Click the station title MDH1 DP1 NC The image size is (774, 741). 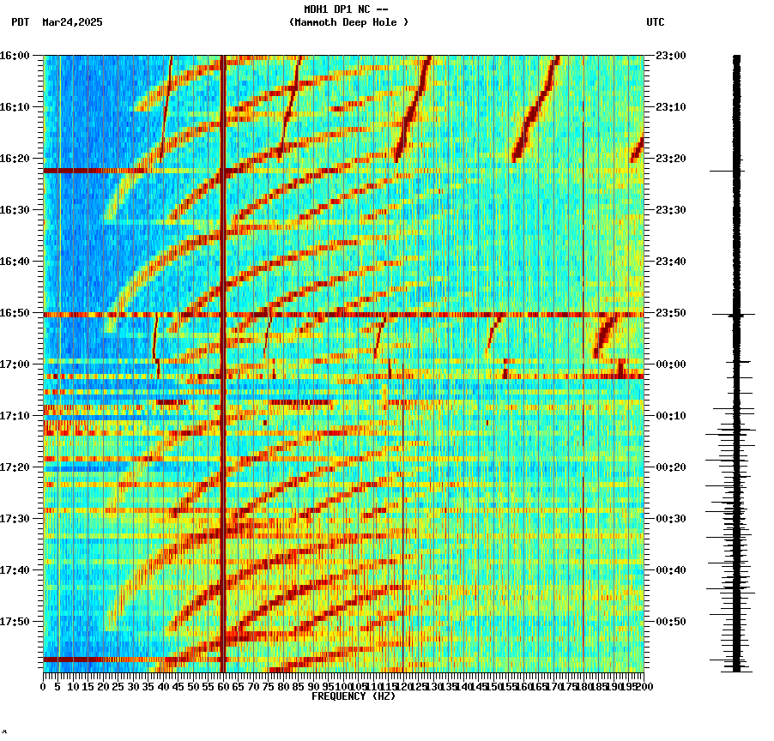click(x=347, y=9)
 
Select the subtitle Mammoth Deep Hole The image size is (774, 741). click(x=348, y=22)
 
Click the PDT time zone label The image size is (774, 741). click(x=20, y=22)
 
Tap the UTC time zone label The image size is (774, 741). click(x=655, y=22)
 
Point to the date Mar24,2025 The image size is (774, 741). click(x=72, y=22)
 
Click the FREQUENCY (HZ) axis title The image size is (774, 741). click(x=353, y=696)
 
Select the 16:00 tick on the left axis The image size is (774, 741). click(x=15, y=56)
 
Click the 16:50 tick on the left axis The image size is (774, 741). click(x=15, y=313)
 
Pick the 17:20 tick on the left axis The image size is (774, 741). click(x=15, y=467)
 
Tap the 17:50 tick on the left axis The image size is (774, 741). click(x=15, y=622)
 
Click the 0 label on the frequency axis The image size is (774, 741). click(x=44, y=687)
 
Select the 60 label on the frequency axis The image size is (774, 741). click(x=223, y=687)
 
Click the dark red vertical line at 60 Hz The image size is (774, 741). click(x=223, y=257)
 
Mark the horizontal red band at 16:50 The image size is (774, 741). click(x=343, y=315)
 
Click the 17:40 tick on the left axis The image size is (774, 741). click(x=15, y=570)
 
